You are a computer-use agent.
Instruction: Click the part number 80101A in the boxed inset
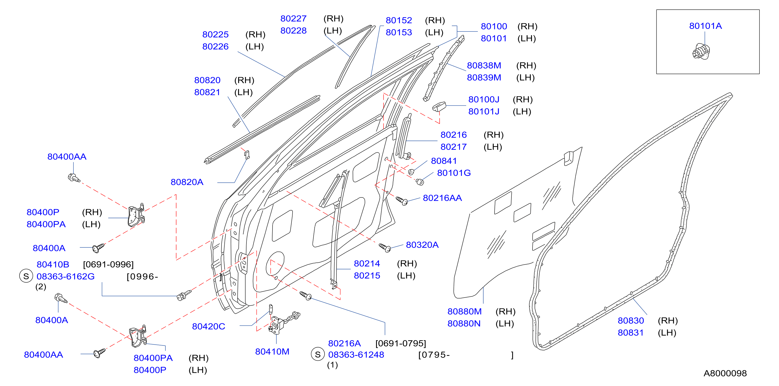coord(705,26)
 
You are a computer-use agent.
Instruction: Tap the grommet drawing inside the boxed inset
coord(701,52)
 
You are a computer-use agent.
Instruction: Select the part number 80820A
coord(187,182)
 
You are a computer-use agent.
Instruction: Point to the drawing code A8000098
coord(725,373)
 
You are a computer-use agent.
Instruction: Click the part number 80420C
coord(209,326)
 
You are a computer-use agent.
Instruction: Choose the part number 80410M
coord(272,352)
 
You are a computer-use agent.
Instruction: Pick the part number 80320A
coord(422,245)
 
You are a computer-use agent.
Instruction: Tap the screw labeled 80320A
coord(385,248)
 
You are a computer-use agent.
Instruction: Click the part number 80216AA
coord(442,198)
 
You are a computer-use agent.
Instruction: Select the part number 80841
coord(444,161)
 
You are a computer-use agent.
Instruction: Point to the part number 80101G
coord(454,173)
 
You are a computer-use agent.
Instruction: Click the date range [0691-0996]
coord(108,265)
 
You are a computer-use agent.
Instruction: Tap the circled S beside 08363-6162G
coord(26,276)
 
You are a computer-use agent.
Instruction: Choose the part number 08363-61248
coord(356,355)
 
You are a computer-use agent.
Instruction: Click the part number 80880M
coord(465,311)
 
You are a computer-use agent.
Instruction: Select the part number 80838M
coord(484,65)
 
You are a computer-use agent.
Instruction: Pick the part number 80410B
coord(53,265)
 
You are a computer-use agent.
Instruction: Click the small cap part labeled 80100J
coord(439,107)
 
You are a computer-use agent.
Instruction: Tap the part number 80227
coord(293,18)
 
